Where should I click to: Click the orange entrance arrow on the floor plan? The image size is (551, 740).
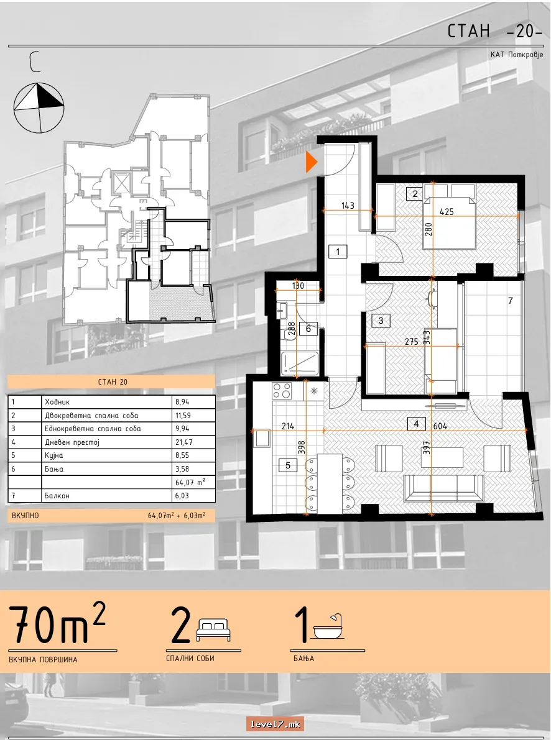[x=311, y=162]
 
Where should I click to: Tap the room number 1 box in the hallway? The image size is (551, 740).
[x=338, y=251]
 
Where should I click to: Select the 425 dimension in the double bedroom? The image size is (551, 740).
[x=447, y=211]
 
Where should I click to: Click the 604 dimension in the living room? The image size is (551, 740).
[x=440, y=426]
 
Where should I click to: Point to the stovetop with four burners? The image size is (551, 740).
[x=282, y=391]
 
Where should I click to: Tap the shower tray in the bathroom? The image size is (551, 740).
[x=300, y=363]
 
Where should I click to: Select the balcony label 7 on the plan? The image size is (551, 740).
[x=510, y=301]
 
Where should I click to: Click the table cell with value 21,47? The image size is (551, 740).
[x=184, y=442]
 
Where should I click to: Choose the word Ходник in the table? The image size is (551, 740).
[x=57, y=402]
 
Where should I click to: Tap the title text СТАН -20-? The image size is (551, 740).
[x=494, y=31]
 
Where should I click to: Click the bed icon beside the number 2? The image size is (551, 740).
[x=213, y=629]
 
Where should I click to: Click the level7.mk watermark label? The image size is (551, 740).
[x=275, y=724]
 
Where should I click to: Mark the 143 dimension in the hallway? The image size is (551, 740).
[x=347, y=206]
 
